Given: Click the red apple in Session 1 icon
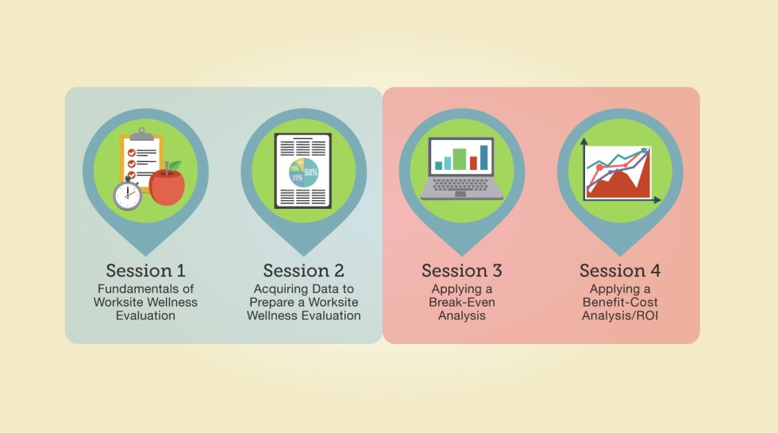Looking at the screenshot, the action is [x=167, y=186].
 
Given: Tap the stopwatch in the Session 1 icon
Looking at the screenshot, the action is [x=128, y=194].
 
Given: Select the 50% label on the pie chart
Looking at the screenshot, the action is [x=311, y=173].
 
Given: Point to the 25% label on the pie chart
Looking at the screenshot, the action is [x=297, y=178].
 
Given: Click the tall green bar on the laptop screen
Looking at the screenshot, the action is [x=460, y=159].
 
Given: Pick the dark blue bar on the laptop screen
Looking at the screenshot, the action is [x=483, y=157].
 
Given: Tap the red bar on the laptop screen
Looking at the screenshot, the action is [x=473, y=163].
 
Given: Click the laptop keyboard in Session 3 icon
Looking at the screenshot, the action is [x=461, y=185].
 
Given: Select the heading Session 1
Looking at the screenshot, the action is [x=145, y=271].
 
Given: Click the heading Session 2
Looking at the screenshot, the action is [x=303, y=271].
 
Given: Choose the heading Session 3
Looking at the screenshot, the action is [x=462, y=271].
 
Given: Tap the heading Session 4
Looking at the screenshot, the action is [x=620, y=271].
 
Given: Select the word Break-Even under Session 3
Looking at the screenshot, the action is [x=462, y=303].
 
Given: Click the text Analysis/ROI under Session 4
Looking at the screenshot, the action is [x=620, y=316].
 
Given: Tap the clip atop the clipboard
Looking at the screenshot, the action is [x=142, y=134].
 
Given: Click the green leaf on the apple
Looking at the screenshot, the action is [x=175, y=166].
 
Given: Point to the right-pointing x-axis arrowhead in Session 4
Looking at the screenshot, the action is [x=657, y=200].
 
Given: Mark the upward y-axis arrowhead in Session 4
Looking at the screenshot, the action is [x=584, y=141].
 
